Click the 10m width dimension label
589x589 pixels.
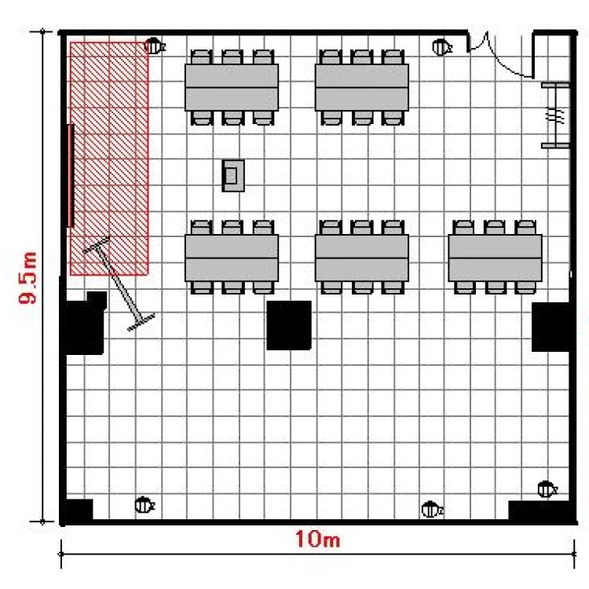coord(317,539)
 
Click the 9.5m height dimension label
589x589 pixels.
coord(28,277)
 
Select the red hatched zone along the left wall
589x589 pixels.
coord(109,158)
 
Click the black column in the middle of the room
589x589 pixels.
coord(289,325)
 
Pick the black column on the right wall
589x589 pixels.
coord(551,327)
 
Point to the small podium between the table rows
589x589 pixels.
coord(233,176)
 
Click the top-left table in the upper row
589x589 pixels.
coord(232,87)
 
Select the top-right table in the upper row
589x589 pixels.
coord(362,87)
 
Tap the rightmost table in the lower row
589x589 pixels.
coord(495,258)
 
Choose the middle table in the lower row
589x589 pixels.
coord(362,258)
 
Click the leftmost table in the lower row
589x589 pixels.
coord(232,258)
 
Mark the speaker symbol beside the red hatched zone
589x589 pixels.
coord(155,46)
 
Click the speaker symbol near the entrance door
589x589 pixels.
coord(442,47)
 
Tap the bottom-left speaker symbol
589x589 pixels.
coord(145,504)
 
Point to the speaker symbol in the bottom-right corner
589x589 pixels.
coord(547,489)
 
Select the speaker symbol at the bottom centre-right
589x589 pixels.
coord(432,510)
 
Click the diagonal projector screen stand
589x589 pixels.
coord(119,284)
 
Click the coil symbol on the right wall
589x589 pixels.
coord(554,115)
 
